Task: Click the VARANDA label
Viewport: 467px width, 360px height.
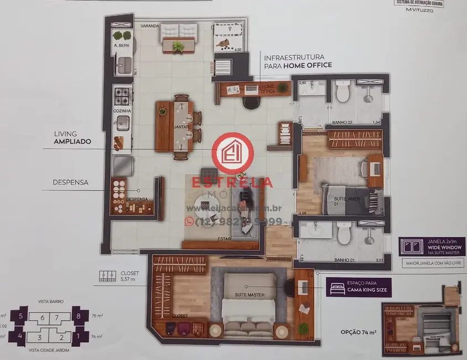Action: coord(149,26)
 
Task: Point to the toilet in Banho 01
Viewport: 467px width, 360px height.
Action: coord(344,235)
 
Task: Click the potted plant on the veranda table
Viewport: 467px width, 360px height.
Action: coord(178,46)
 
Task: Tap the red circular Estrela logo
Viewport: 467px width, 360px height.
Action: coord(232,153)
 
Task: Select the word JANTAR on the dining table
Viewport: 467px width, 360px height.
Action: coord(181,127)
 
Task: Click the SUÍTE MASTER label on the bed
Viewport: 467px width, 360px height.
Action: coord(250,294)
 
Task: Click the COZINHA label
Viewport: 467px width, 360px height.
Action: coord(122,111)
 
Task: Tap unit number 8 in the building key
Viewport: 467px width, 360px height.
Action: coord(80,316)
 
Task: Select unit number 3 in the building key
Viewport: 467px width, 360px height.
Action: coord(39,337)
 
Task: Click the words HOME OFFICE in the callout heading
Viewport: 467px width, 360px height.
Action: coord(308,65)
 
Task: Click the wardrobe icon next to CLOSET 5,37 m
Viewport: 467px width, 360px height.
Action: coord(107,276)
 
